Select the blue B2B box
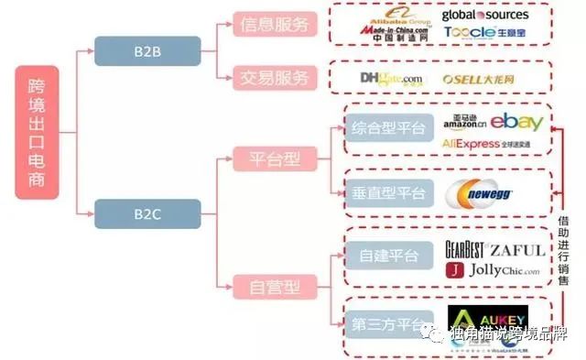pos(146,51)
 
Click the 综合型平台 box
pos(387,129)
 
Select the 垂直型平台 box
pos(387,192)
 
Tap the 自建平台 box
pos(387,255)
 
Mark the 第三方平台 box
pos(387,322)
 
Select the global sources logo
pos(483,15)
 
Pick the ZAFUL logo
pos(517,249)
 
